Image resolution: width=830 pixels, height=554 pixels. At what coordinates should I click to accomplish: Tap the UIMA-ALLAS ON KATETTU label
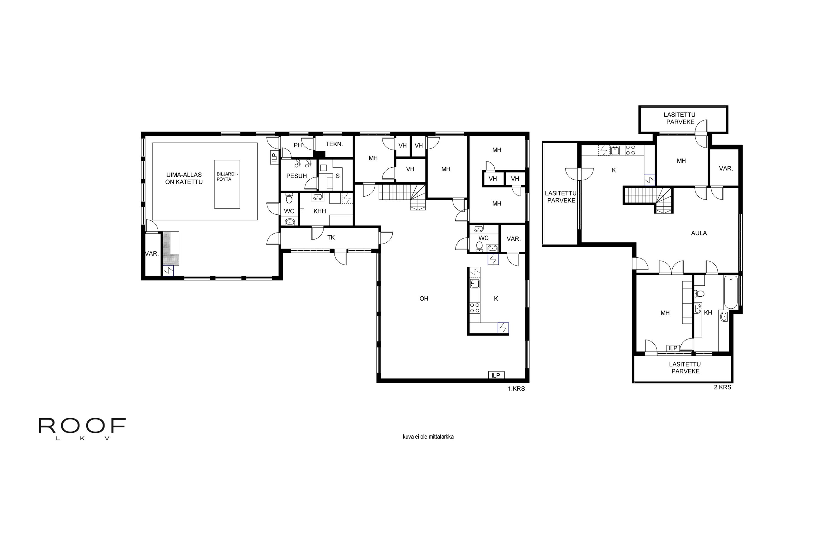184,178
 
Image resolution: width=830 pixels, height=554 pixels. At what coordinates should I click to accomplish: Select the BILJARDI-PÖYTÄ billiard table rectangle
227,184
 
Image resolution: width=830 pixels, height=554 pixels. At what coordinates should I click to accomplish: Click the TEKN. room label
334,144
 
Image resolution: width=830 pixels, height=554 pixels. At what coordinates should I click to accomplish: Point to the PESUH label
296,176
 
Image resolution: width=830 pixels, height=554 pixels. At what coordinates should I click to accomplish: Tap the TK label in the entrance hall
331,237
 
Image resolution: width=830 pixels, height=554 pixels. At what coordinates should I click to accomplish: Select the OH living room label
424,299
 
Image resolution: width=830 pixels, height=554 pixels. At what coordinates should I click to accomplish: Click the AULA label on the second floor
699,233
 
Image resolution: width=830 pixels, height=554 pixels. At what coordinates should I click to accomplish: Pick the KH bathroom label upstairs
708,313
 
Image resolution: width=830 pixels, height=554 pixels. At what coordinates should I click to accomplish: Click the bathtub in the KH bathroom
731,292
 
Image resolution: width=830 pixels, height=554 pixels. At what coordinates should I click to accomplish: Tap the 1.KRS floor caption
516,389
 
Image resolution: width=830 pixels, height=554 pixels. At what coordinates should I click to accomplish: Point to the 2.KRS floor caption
722,387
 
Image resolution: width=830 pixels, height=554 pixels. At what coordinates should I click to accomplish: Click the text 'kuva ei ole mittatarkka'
428,437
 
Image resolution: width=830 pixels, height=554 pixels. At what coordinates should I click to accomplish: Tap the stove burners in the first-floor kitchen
475,307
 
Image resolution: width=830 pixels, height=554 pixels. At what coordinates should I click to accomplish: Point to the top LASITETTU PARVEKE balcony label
679,118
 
